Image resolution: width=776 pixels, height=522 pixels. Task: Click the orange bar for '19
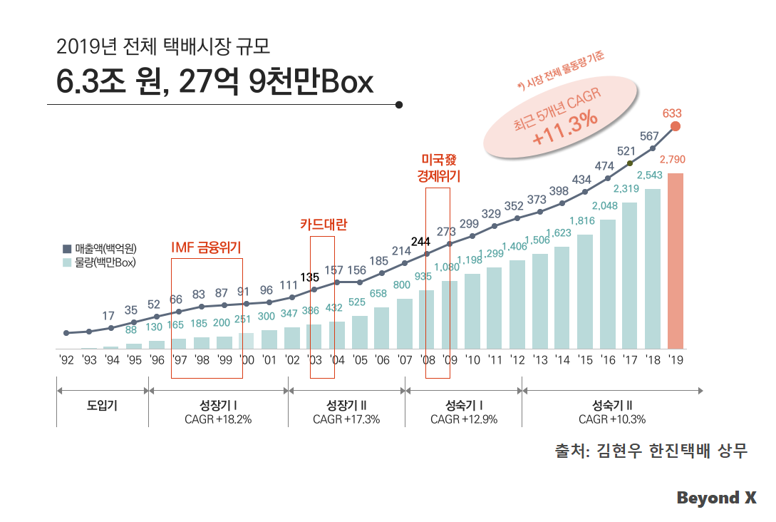tap(676, 261)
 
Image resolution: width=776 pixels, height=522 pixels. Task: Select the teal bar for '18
tap(653, 269)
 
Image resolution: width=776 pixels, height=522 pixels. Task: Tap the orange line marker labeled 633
tap(676, 126)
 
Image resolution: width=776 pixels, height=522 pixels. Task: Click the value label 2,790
tap(673, 159)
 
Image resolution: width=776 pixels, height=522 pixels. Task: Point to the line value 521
tap(626, 150)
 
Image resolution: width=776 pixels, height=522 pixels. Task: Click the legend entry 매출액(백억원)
tap(99, 249)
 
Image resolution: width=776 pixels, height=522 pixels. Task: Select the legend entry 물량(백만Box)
tap(99, 262)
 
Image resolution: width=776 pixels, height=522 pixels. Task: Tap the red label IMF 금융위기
tap(207, 247)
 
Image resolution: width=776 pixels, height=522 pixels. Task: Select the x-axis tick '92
tap(66, 360)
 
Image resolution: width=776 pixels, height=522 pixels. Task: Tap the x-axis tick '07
tap(405, 360)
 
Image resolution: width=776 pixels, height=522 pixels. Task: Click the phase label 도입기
tap(103, 406)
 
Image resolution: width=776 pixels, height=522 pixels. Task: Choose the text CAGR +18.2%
tap(218, 419)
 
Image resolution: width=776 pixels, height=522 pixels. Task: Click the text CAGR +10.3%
tap(612, 419)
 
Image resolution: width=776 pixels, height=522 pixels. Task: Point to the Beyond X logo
tap(716, 498)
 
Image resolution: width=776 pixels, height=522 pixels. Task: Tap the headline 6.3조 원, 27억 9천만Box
tap(214, 83)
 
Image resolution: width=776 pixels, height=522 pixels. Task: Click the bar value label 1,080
tap(447, 267)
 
